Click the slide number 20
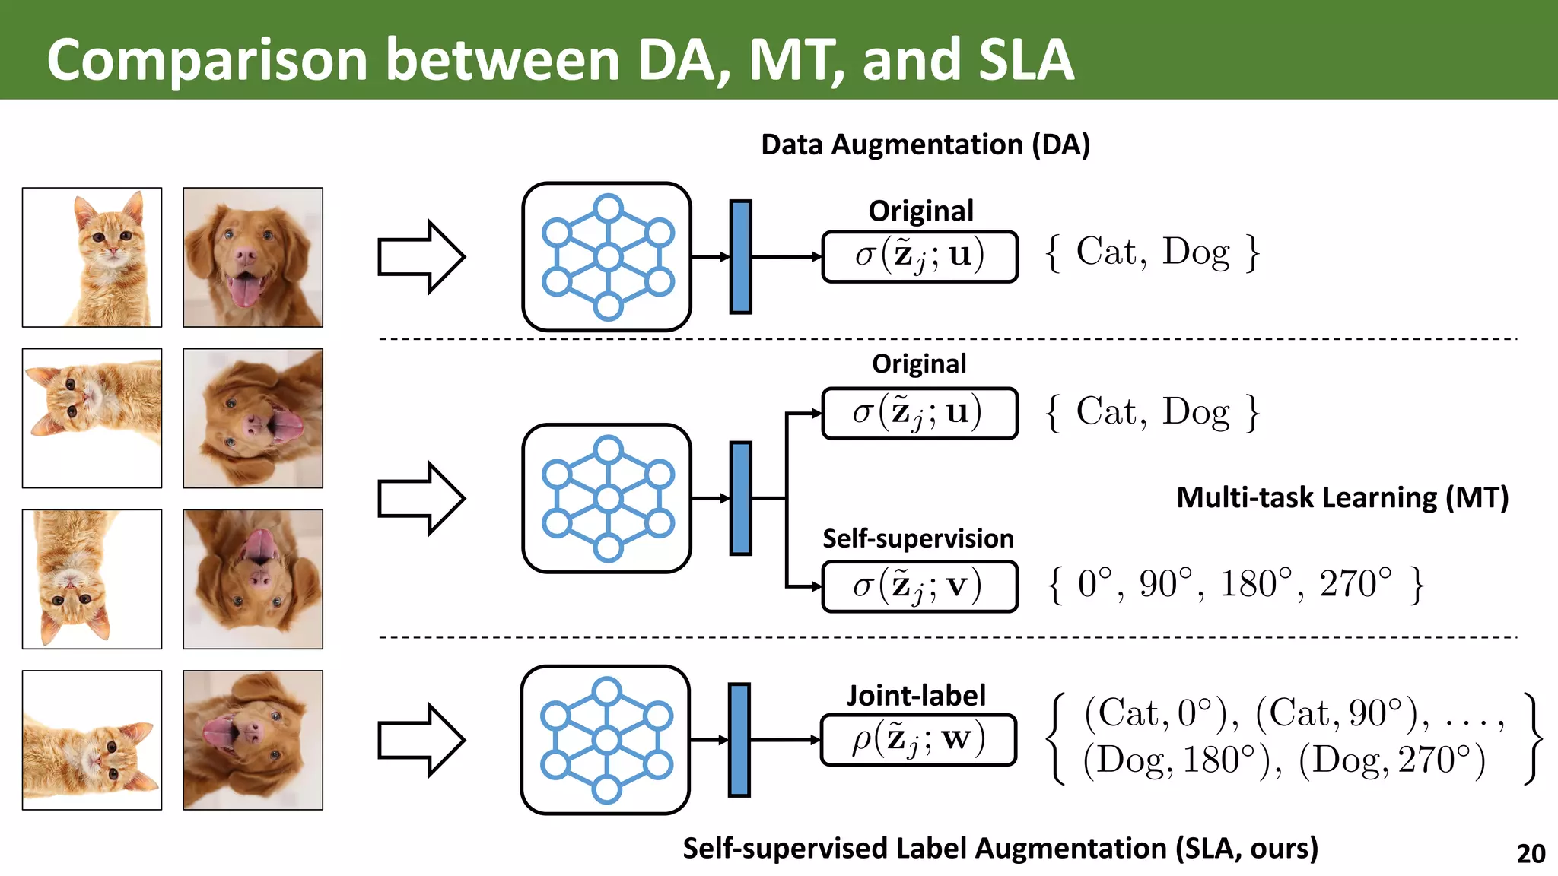pos(1531,853)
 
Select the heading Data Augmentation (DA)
pos(925,144)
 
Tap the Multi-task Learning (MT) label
pos(1342,497)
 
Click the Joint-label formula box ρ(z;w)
pos(918,740)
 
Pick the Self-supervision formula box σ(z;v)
pos(919,586)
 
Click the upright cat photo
pos(92,258)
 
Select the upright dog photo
pos(253,258)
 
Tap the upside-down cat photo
pos(92,579)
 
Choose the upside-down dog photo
pos(253,579)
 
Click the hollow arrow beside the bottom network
pos(421,740)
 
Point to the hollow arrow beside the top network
pos(421,257)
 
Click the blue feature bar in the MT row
pos(740,498)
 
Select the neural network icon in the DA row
pos(607,257)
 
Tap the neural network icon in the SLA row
pos(606,740)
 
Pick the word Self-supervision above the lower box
pos(917,538)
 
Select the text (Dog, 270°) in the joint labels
pos(1391,760)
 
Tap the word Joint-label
pos(916,695)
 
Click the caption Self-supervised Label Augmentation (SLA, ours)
pos(1000,848)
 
